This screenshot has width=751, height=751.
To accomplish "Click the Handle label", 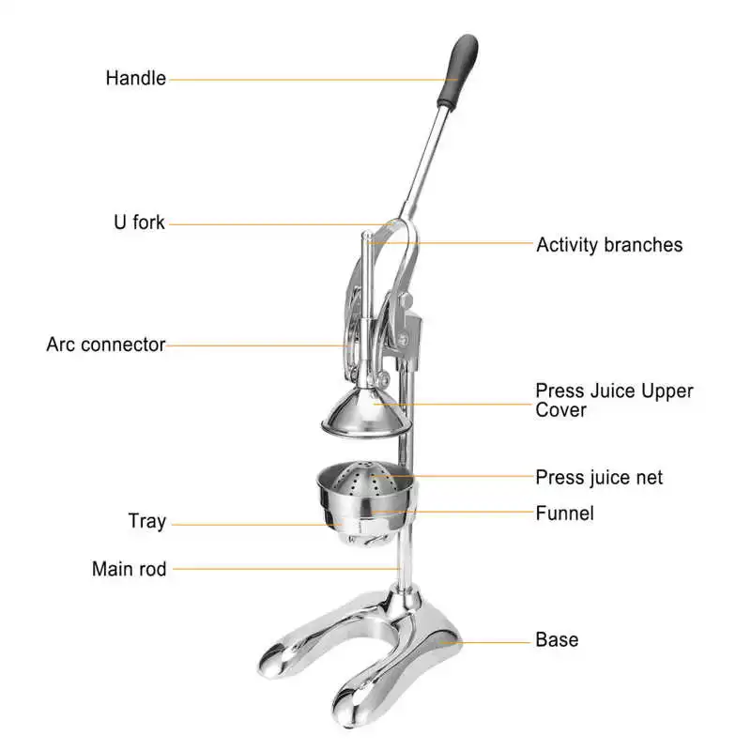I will pyautogui.click(x=135, y=78).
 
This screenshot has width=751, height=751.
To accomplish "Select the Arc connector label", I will pyautogui.click(x=105, y=345).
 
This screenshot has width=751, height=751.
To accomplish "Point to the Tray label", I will pyautogui.click(x=146, y=521).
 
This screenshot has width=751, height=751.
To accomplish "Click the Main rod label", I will pyautogui.click(x=129, y=568).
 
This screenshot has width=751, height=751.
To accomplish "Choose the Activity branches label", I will pyautogui.click(x=609, y=244).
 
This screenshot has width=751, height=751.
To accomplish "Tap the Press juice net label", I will pyautogui.click(x=599, y=477).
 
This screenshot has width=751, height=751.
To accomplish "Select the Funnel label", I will pyautogui.click(x=564, y=513).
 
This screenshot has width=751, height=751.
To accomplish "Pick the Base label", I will pyautogui.click(x=557, y=640).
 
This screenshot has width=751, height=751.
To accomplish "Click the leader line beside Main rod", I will pyautogui.click(x=282, y=568).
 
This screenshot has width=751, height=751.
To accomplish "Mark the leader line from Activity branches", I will pyautogui.click(x=451, y=243).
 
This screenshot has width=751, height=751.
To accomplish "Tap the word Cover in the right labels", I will pyautogui.click(x=560, y=410).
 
